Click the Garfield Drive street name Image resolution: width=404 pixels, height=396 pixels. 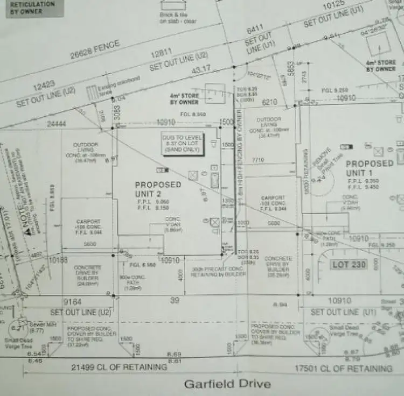(x=227, y=384)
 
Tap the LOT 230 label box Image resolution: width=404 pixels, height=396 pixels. (x=349, y=264)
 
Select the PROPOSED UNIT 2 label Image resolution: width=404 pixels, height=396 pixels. (x=158, y=189)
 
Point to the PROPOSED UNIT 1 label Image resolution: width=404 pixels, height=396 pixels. (x=369, y=167)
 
